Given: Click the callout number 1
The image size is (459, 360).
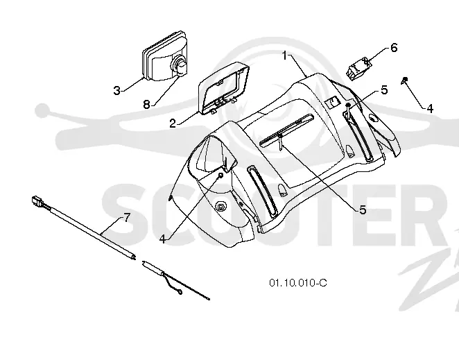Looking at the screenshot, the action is click(x=285, y=55).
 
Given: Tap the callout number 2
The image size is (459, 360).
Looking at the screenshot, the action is click(x=173, y=123).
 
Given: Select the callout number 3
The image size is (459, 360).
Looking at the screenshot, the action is click(x=116, y=90).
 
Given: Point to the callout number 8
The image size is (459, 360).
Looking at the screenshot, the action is click(x=147, y=104).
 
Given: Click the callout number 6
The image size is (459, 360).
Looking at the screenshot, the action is click(x=394, y=47).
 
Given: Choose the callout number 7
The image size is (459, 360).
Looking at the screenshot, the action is click(x=127, y=218).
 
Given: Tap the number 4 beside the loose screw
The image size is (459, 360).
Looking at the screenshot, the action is click(x=430, y=109).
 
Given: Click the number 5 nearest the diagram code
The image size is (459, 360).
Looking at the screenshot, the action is click(x=363, y=209).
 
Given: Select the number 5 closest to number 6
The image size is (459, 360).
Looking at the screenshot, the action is click(x=384, y=90).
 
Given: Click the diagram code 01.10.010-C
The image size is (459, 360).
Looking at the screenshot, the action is click(x=298, y=283).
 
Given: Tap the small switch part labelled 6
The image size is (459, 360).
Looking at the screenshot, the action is click(x=358, y=68).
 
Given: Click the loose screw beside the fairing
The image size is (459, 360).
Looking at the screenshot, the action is click(x=404, y=80).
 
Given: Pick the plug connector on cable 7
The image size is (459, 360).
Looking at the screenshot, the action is click(x=37, y=201).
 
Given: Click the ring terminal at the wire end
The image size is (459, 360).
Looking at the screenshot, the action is click(x=180, y=292).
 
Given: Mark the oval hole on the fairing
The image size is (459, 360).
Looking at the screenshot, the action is click(x=374, y=118).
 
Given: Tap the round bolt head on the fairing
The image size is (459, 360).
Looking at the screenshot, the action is click(x=220, y=207).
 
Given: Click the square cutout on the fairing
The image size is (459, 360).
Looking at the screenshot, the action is click(x=331, y=102).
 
